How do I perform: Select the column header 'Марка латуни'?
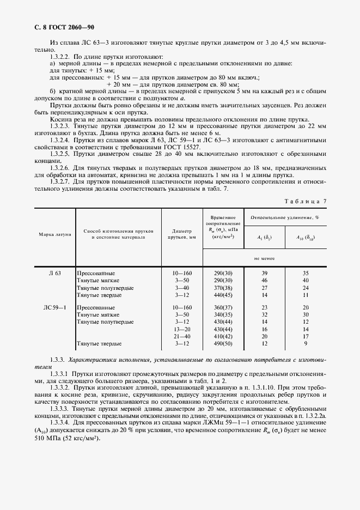(x=55, y=234)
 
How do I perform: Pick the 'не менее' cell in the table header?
(x=264, y=258)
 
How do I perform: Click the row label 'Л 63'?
(x=55, y=272)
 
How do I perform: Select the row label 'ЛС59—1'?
(x=55, y=307)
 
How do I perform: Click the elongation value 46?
(x=265, y=280)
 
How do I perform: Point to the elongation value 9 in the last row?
(x=306, y=344)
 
